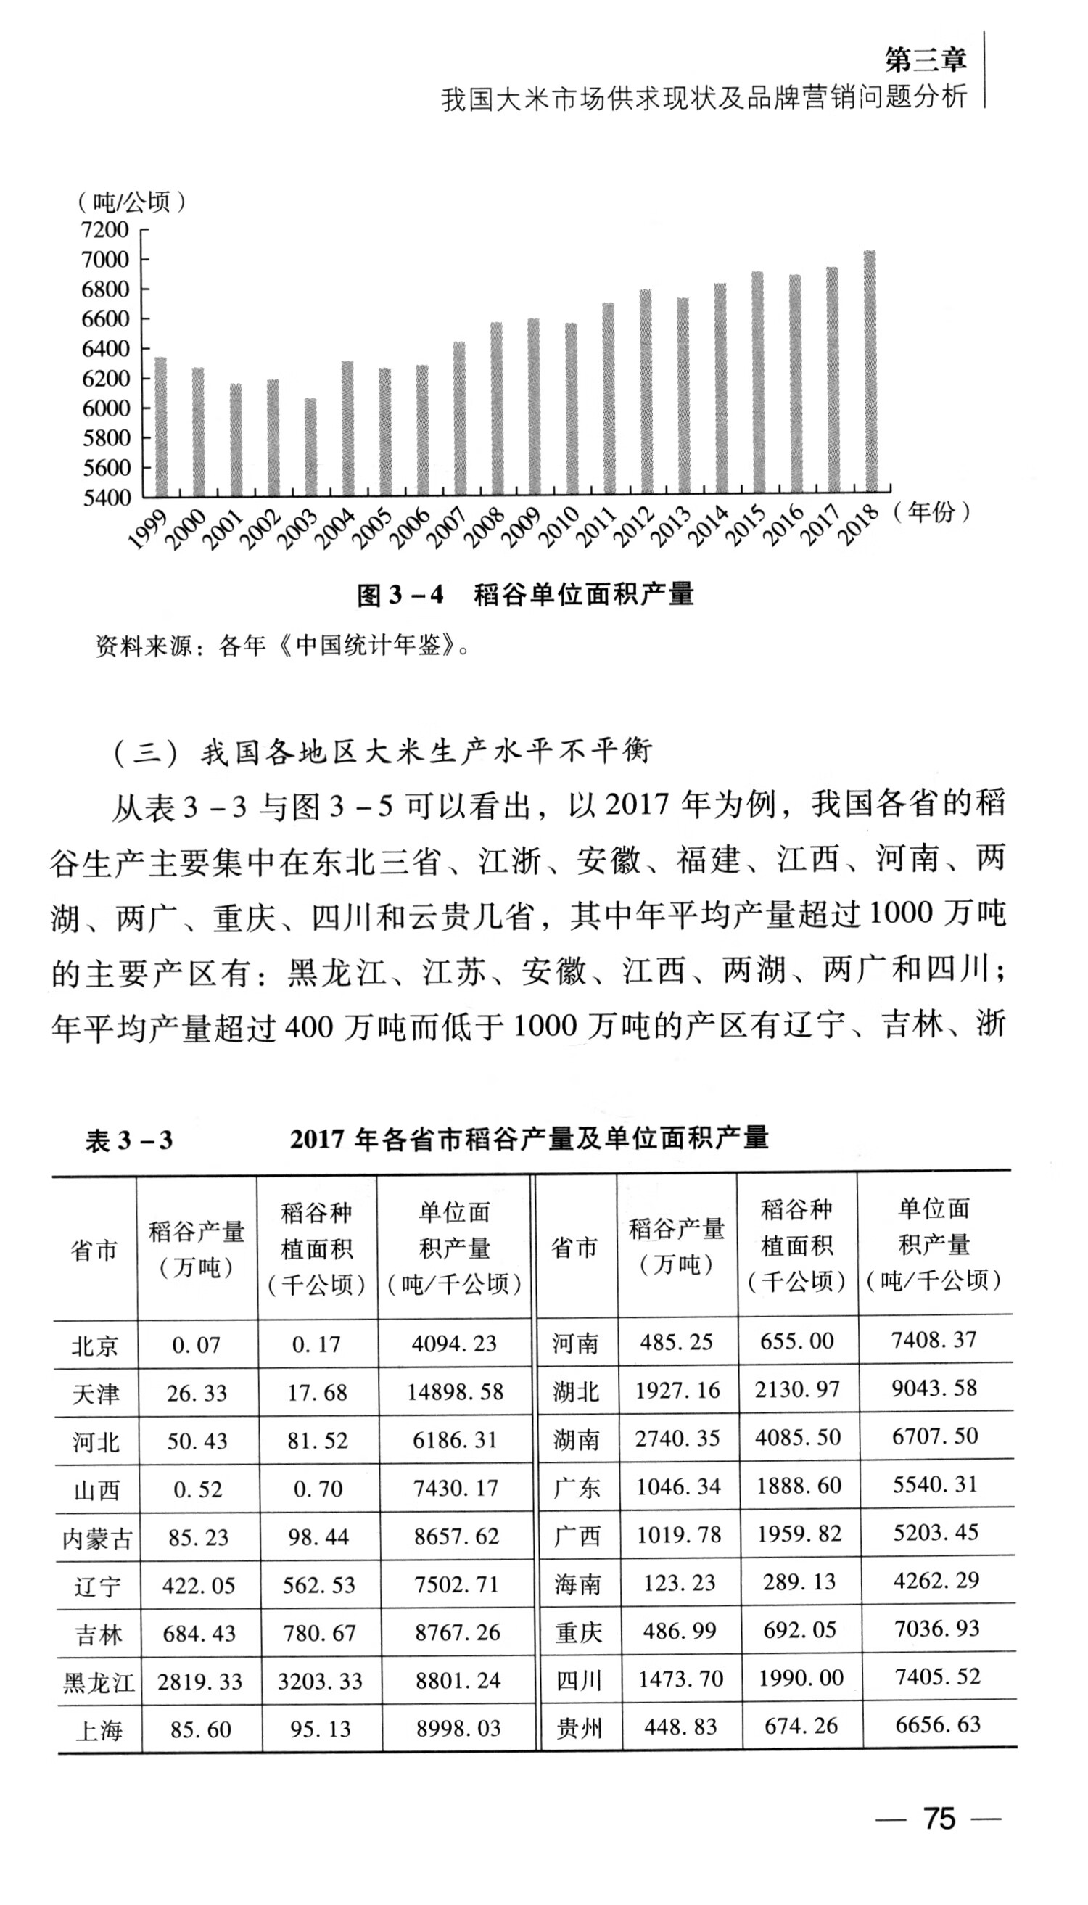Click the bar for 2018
[870, 374]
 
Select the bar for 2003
[310, 448]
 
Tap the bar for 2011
[609, 400]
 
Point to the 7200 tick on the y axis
[105, 229]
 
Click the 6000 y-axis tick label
[105, 408]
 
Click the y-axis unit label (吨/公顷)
[131, 202]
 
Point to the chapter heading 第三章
[925, 59]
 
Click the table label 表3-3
[128, 1140]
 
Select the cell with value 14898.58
[455, 1392]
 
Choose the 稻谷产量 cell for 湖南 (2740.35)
[677, 1438]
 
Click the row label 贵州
[578, 1728]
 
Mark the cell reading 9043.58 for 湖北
[934, 1388]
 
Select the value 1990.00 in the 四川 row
[800, 1679]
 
